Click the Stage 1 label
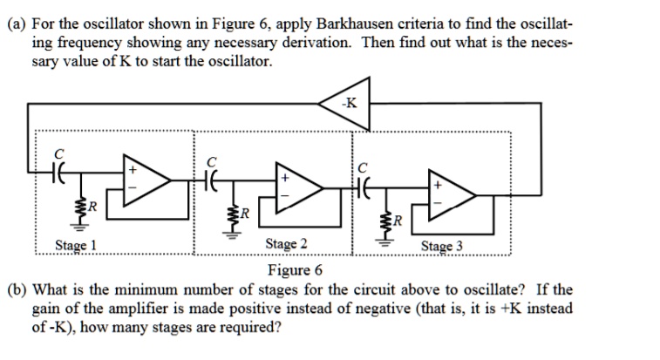(x=76, y=245)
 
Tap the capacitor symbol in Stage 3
(x=365, y=184)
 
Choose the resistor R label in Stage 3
(x=398, y=220)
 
